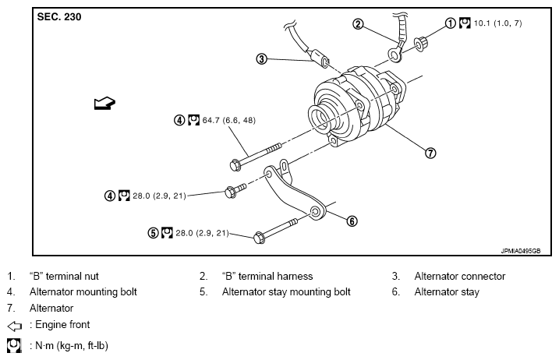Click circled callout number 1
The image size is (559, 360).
451,23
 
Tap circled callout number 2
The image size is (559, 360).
358,24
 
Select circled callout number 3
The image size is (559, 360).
262,58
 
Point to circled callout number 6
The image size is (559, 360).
352,221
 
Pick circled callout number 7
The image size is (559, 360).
430,153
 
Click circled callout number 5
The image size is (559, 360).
154,233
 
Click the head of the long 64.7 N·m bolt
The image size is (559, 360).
236,164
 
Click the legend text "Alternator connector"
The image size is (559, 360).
459,276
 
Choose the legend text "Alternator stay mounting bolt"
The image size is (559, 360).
286,292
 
